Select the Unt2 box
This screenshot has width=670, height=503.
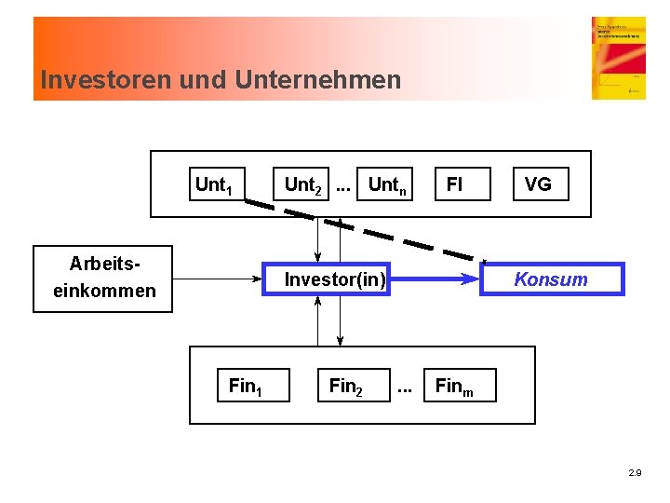coord(303,184)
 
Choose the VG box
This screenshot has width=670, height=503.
coord(538,184)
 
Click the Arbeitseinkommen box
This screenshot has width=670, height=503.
coord(103,279)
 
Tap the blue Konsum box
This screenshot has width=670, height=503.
coord(551,279)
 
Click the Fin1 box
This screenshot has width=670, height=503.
coord(246,386)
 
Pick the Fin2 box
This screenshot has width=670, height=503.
coord(346,386)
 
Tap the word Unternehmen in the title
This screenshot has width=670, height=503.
coord(318,80)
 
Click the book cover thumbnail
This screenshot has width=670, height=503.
coord(618,58)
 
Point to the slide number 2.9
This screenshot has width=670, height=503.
coord(635,473)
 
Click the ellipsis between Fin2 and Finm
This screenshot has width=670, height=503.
coord(405,386)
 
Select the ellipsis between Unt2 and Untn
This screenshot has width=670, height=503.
coord(343,185)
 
